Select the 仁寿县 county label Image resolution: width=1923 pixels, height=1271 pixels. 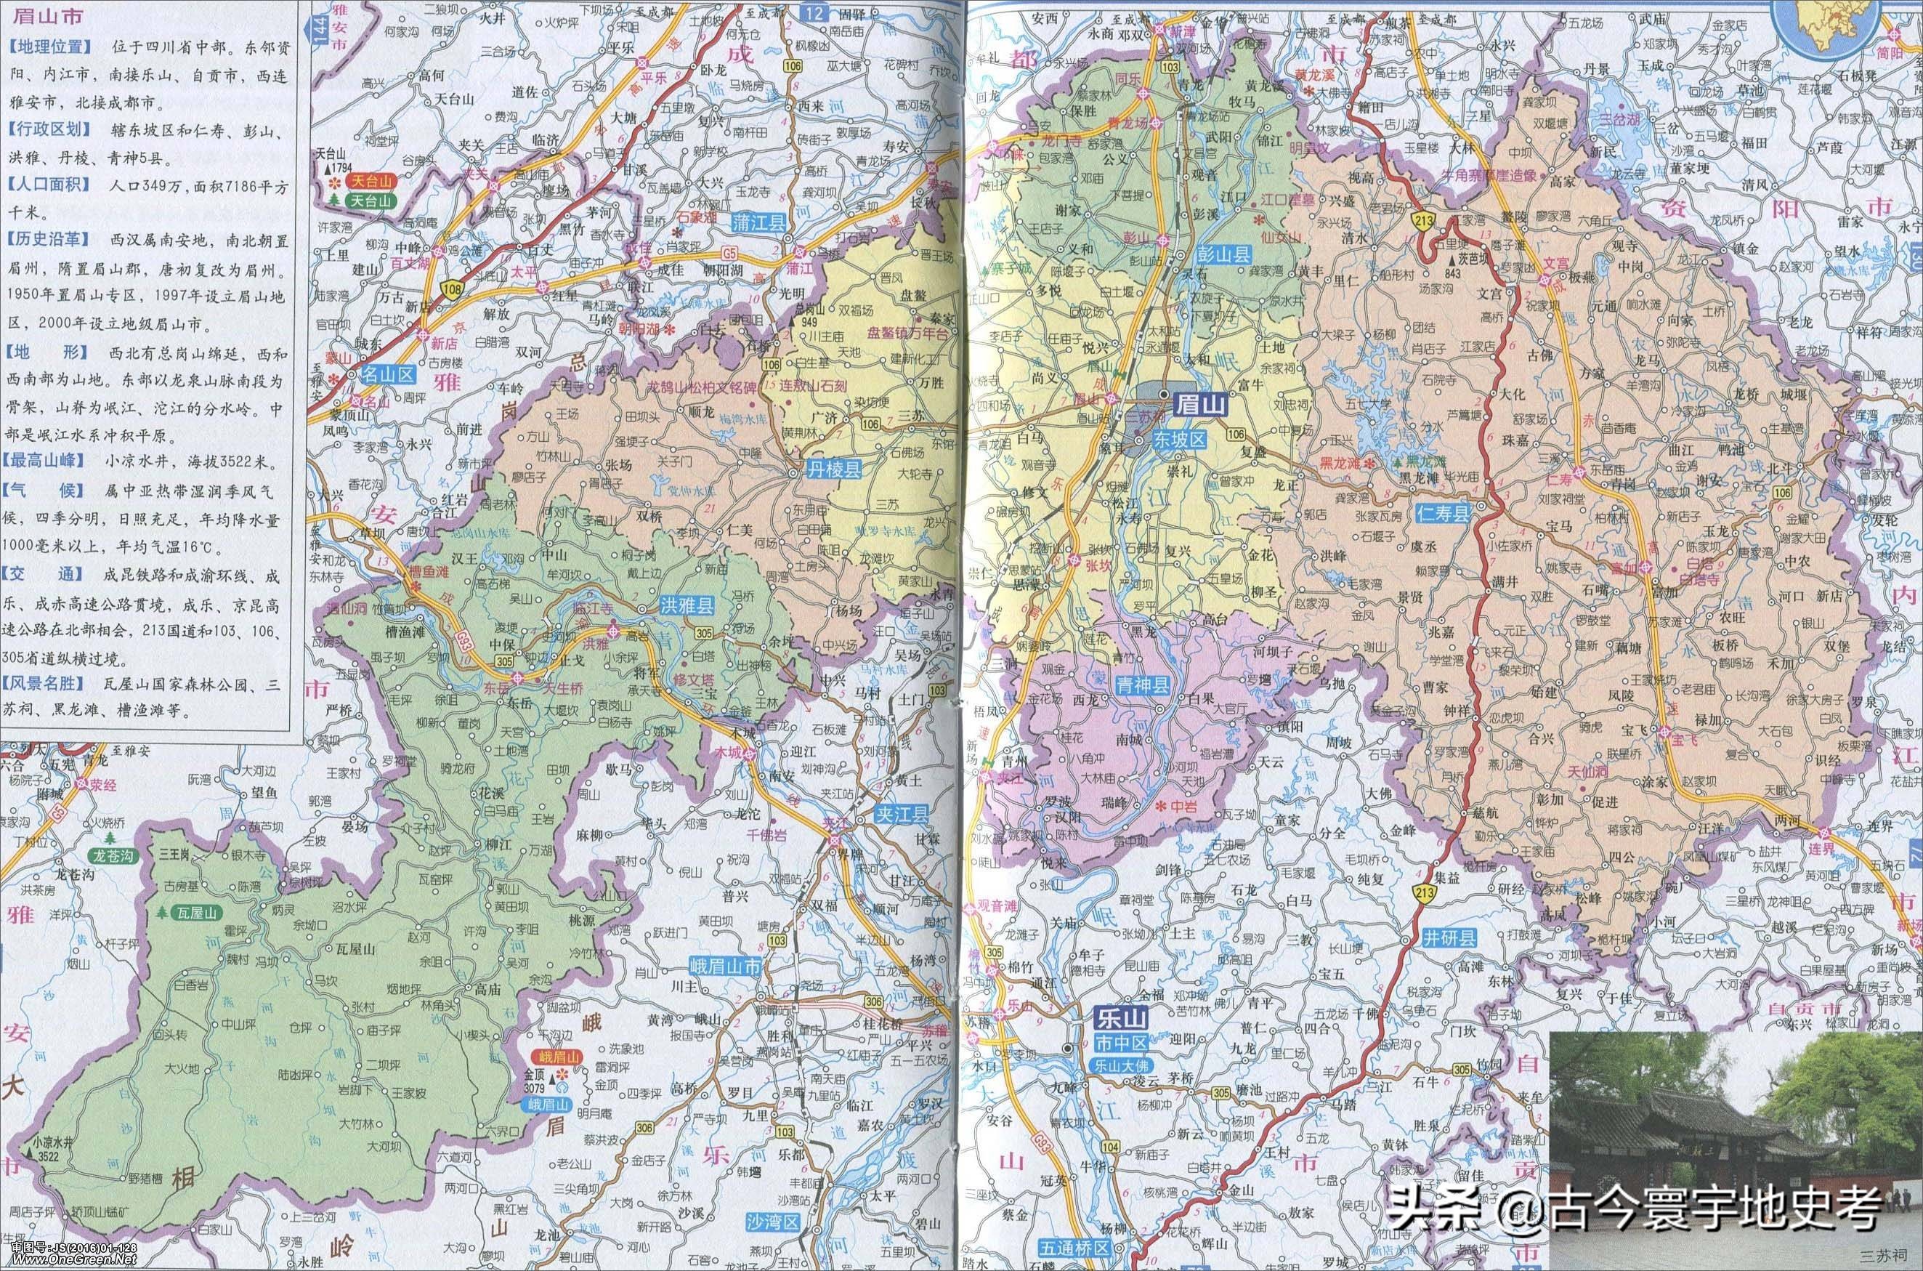coord(1444,512)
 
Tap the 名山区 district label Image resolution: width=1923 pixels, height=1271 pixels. coord(387,374)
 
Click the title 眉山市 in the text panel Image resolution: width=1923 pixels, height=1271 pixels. coord(31,17)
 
